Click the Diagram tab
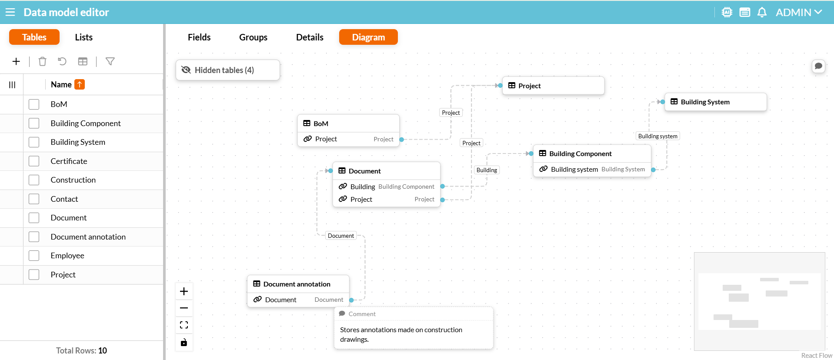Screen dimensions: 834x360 coord(368,37)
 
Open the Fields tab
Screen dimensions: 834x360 coord(199,37)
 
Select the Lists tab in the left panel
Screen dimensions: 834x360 coord(83,37)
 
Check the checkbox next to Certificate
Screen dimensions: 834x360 coord(34,161)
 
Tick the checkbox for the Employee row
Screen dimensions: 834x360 coord(34,255)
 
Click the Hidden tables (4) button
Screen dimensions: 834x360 coord(228,70)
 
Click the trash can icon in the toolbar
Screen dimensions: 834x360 coord(42,61)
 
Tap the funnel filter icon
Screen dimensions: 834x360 coord(110,61)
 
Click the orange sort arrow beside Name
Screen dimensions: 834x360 coord(80,84)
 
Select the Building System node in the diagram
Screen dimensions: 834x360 coord(715,102)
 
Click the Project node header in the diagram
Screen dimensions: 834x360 coord(553,86)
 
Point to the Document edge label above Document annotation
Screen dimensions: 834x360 coord(341,236)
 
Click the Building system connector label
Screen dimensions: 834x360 coord(657,136)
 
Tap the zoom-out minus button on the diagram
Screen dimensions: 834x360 coord(184,308)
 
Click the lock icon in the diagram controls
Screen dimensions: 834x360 coord(184,342)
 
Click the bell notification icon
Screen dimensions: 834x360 coord(762,12)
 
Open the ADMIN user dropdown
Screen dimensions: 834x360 coord(799,12)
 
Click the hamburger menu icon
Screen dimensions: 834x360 coord(10,12)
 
